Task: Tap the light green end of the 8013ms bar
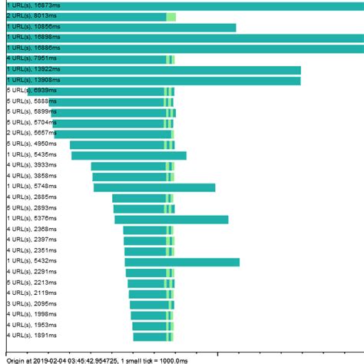point(171,16)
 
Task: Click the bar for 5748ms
point(154,187)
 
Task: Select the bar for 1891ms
point(150,336)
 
